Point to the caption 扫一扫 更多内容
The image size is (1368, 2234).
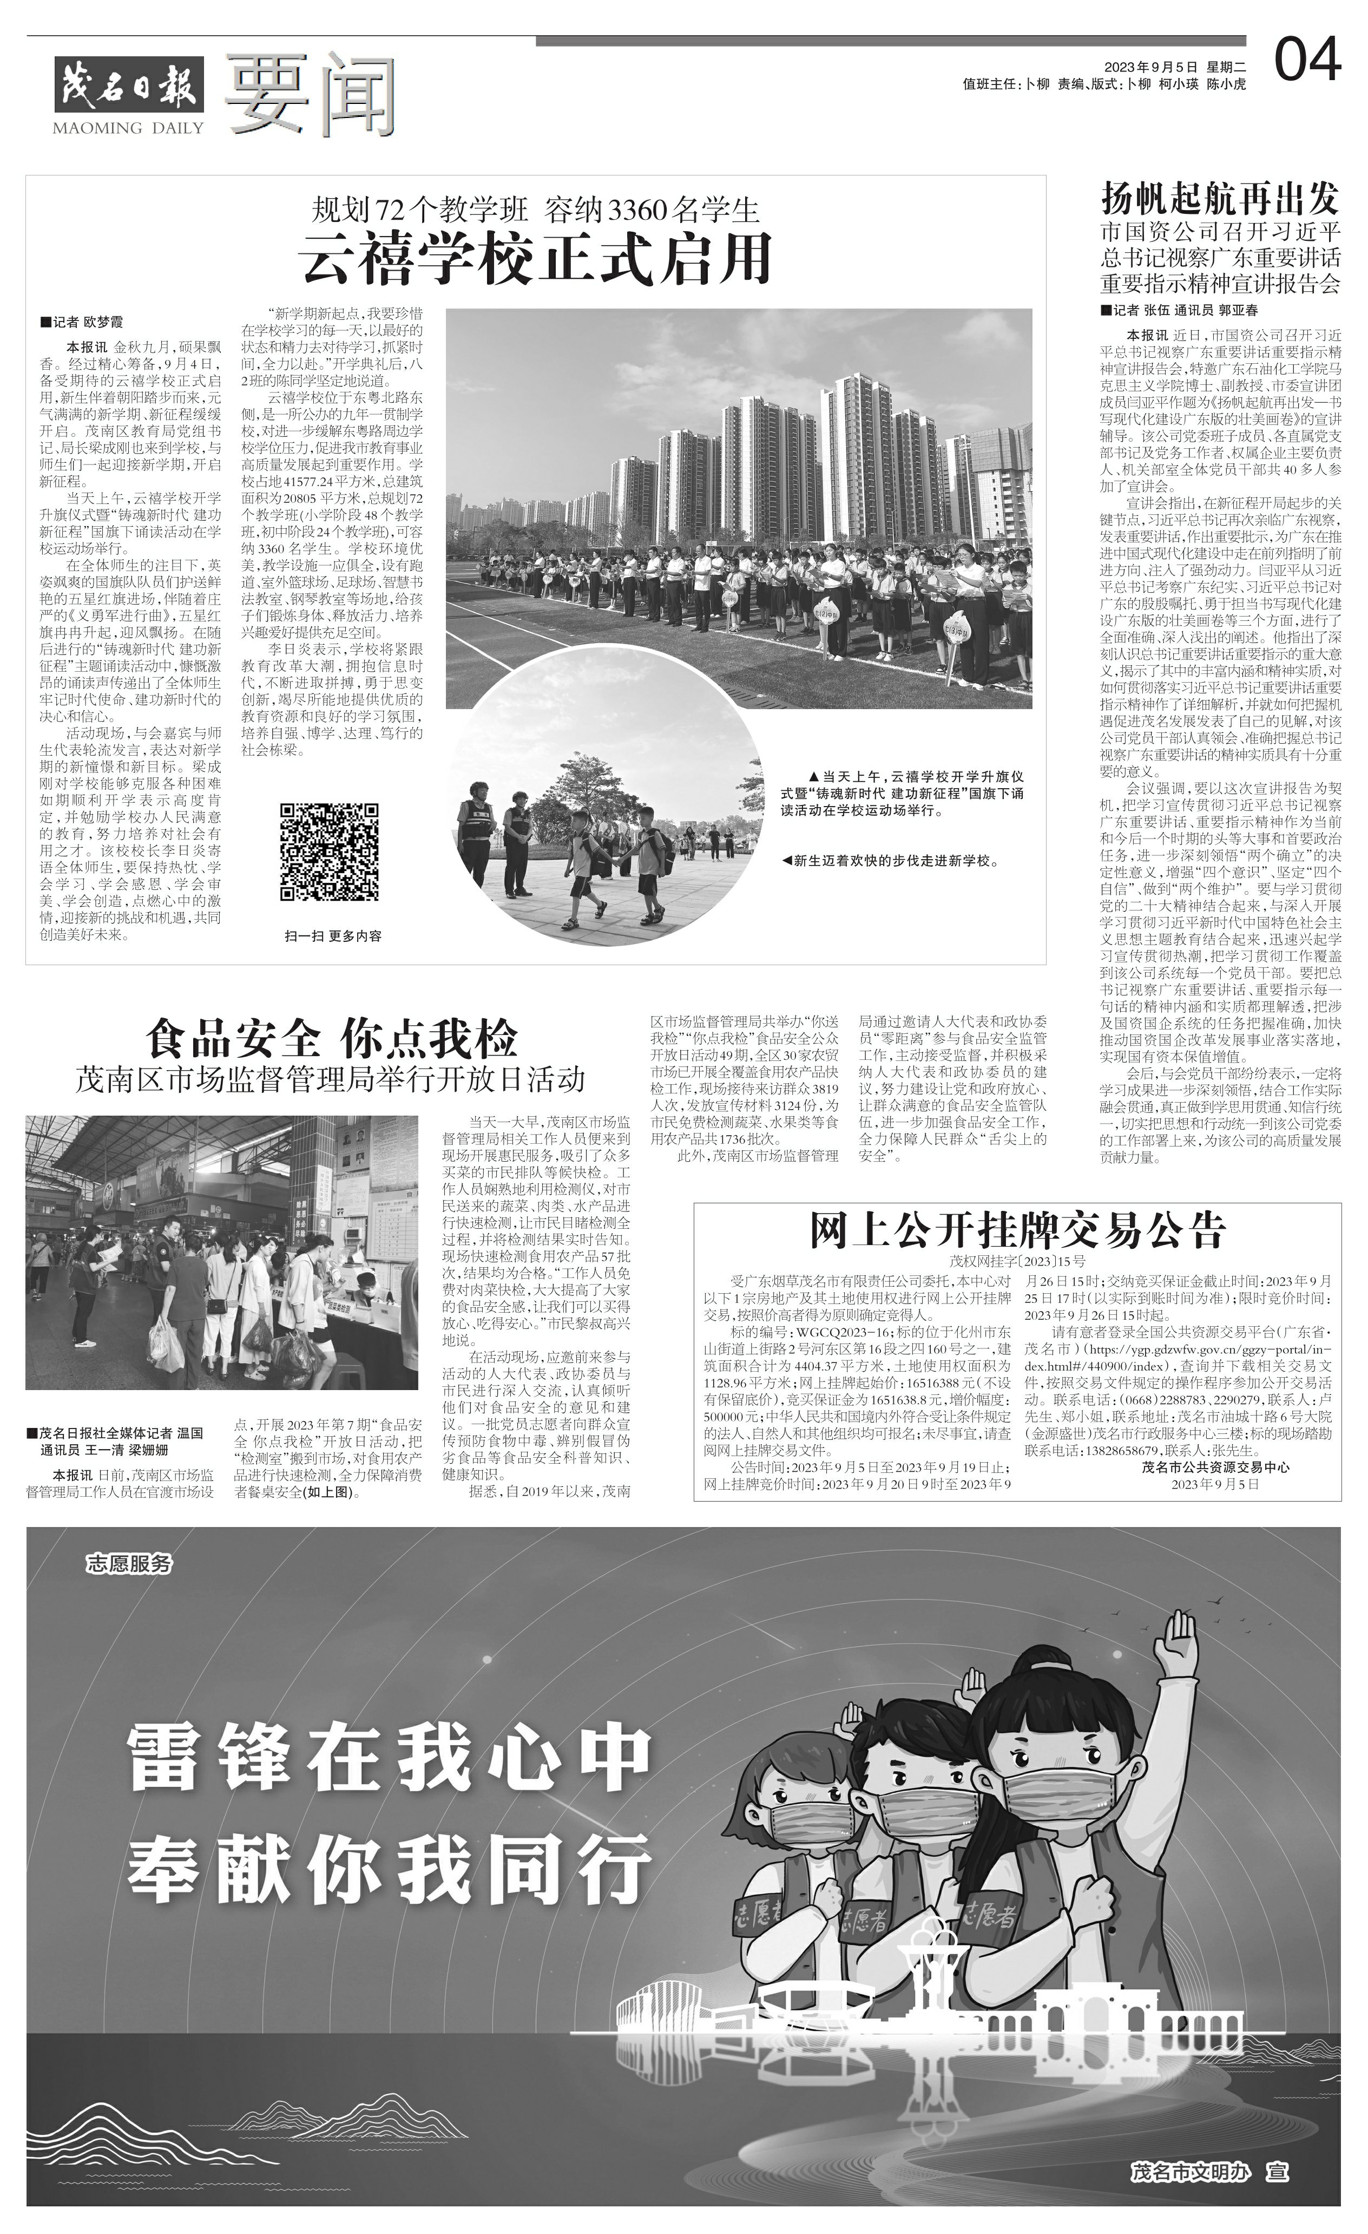tap(333, 935)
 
